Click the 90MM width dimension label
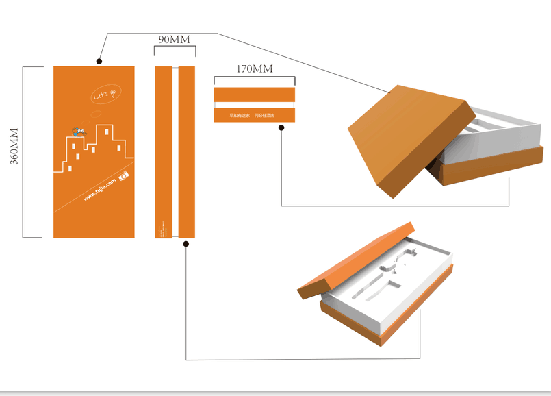[x=175, y=40]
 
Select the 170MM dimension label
[x=254, y=69]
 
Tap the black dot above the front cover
[x=100, y=61]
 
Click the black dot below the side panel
[x=186, y=243]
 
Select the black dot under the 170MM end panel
[x=281, y=127]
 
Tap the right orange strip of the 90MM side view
[x=187, y=151]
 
